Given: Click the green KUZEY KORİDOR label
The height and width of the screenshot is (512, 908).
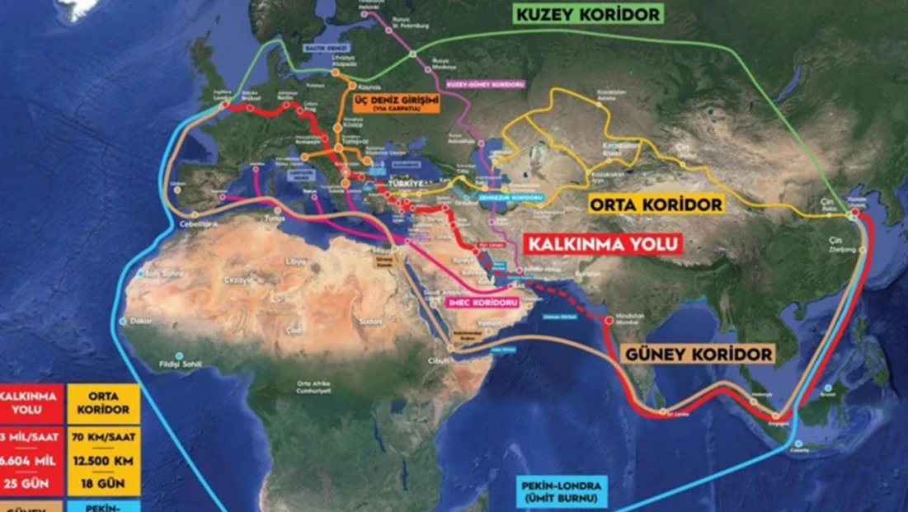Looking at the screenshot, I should coord(588,15).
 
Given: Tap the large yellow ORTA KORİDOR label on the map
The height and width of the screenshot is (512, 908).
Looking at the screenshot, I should coord(656,204).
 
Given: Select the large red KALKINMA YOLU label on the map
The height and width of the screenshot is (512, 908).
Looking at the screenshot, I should coord(604,244).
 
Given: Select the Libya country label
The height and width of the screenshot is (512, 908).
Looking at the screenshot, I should coord(294,261).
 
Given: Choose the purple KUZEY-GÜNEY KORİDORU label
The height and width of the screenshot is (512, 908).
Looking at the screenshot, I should coord(475,84).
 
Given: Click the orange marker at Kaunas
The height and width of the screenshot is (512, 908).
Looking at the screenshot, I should coord(352,86).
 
